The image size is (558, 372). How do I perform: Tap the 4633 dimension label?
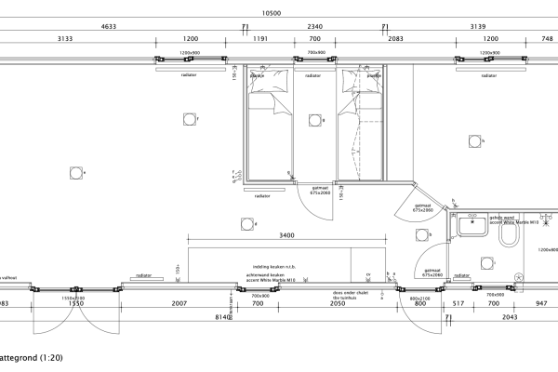pyautogui.click(x=108, y=27)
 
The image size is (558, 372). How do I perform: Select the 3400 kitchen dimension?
pyautogui.click(x=286, y=235)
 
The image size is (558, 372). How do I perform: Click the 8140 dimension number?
pyautogui.click(x=222, y=317)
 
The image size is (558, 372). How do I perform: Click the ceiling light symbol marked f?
pyautogui.click(x=190, y=119)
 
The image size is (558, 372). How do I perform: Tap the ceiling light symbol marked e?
pyautogui.click(x=74, y=172)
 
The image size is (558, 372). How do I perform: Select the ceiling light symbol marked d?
pyautogui.click(x=247, y=223)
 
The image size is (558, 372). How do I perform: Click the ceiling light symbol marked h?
pyautogui.click(x=474, y=141)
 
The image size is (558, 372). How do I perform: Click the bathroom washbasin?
pyautogui.click(x=473, y=224)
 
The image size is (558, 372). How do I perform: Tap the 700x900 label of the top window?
pyautogui.click(x=314, y=53)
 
